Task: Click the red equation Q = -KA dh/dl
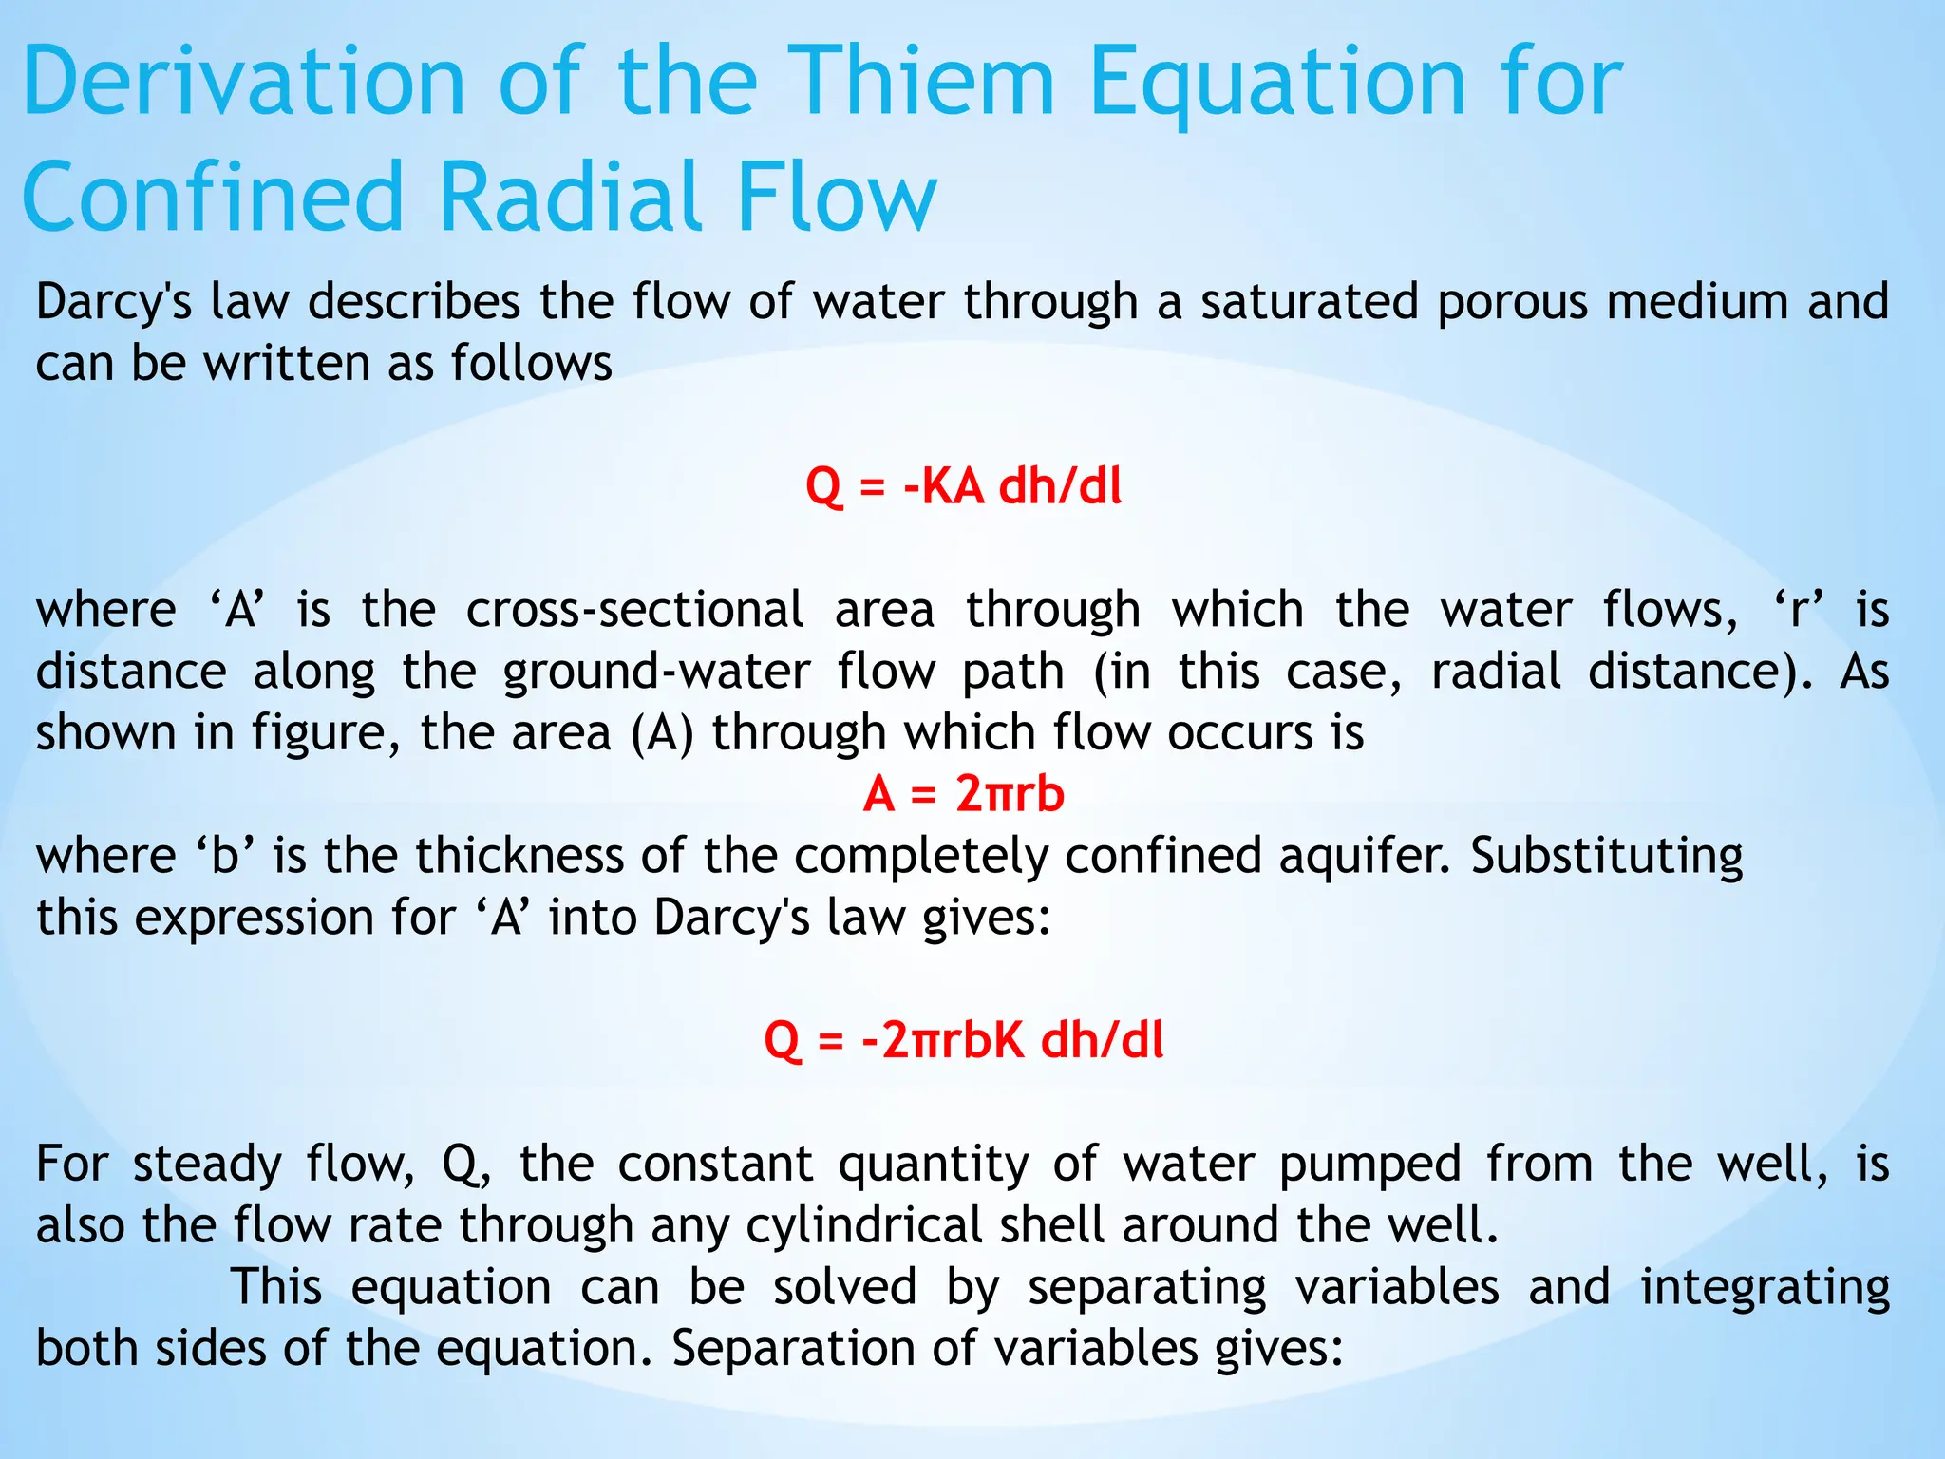click(x=963, y=486)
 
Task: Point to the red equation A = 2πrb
click(x=963, y=793)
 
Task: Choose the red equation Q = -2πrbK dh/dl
click(x=963, y=1040)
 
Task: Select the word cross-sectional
click(x=634, y=610)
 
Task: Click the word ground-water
click(x=656, y=673)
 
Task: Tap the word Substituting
click(x=1606, y=856)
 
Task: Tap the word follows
click(x=531, y=364)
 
